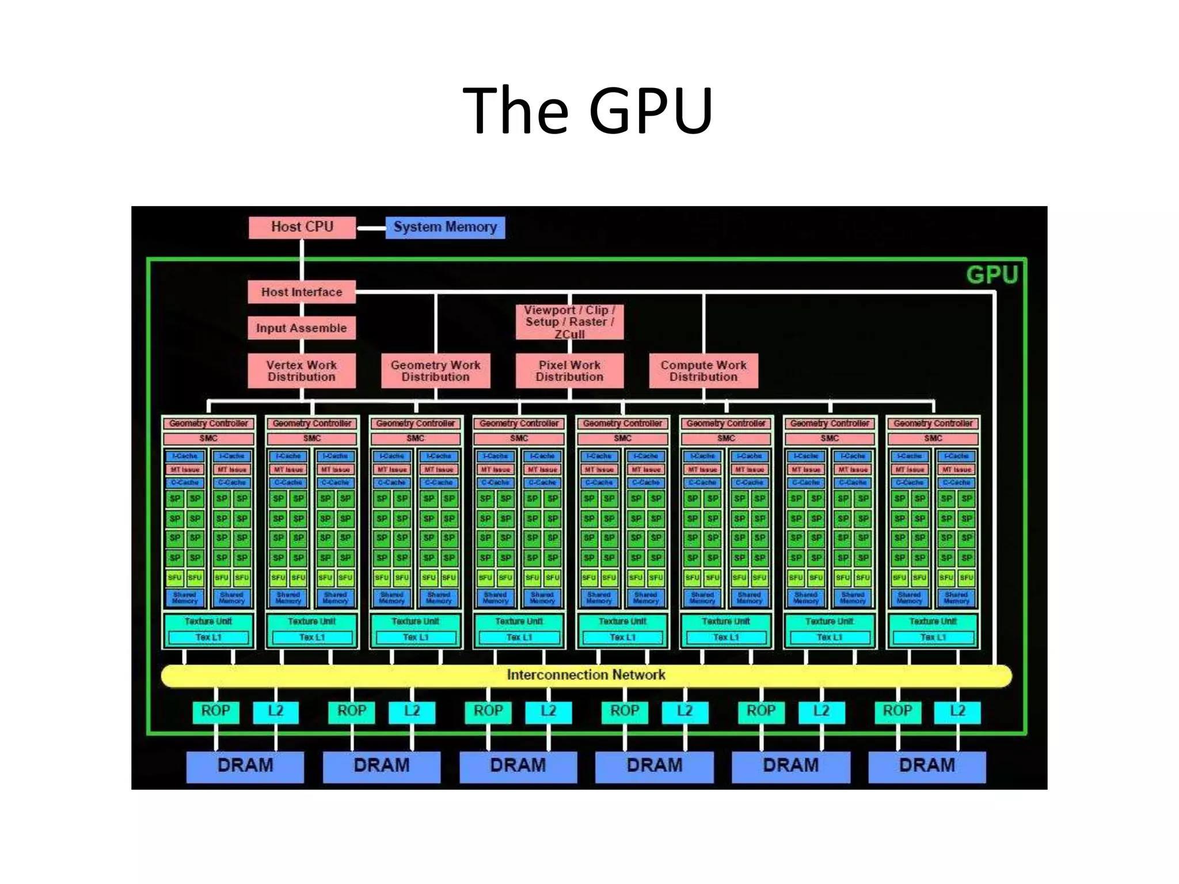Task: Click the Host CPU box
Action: pos(302,227)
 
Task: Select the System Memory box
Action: pos(445,227)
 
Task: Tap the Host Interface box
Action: pos(302,292)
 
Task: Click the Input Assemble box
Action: pos(302,328)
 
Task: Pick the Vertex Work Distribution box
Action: pos(302,371)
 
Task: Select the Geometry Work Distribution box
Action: pos(436,371)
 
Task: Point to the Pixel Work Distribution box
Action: pos(569,371)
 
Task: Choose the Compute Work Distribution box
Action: pos(703,371)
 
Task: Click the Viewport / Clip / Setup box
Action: pos(569,322)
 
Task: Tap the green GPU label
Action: pos(992,275)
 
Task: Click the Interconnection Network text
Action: pos(586,675)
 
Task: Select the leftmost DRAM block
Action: pos(245,766)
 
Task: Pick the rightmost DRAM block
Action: pos(927,766)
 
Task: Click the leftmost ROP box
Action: pos(215,711)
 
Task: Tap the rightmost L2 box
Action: pos(957,711)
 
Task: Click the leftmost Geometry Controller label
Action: pos(208,424)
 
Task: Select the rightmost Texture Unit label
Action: pos(933,622)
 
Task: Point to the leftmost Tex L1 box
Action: pos(208,638)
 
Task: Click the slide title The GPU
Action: pos(588,110)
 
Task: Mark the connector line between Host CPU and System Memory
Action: pos(371,228)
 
